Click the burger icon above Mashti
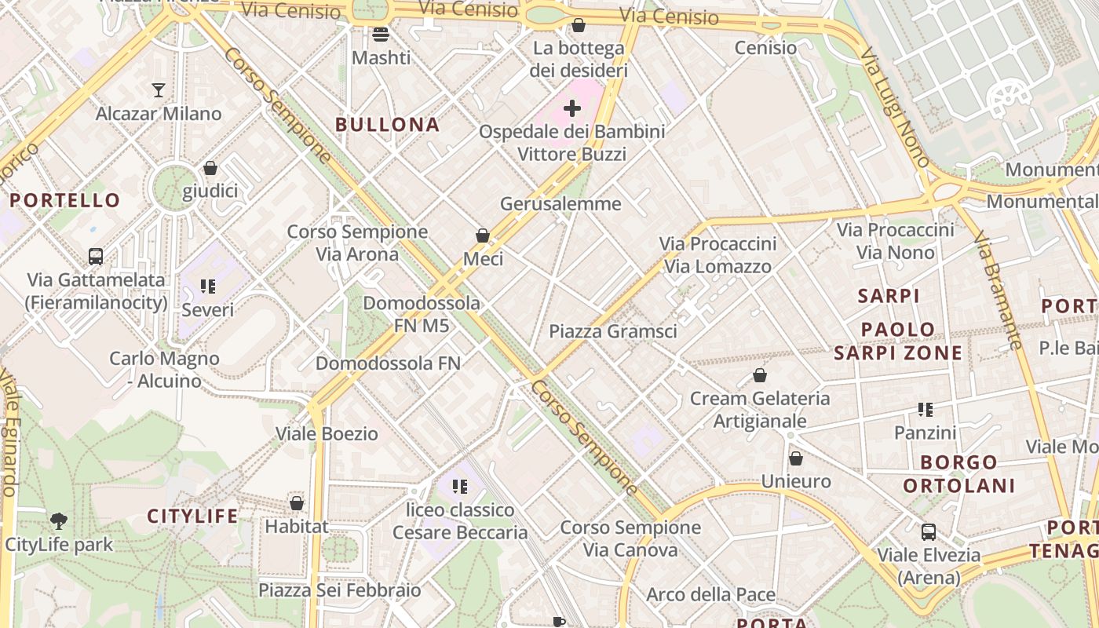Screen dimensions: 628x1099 tap(381, 34)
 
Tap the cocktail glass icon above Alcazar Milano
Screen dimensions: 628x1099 tap(159, 89)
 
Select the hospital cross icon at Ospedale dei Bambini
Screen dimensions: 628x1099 tap(572, 108)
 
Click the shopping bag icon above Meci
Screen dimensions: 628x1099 tap(483, 235)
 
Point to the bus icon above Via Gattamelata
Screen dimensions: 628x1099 tap(96, 257)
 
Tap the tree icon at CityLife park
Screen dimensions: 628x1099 tap(58, 520)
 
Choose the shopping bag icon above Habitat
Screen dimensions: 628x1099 tap(297, 503)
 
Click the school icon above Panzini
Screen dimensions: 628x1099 tap(926, 409)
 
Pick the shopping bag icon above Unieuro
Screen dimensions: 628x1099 tap(796, 458)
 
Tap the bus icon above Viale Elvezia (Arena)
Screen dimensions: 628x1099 tap(929, 531)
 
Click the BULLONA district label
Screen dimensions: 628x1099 tap(388, 125)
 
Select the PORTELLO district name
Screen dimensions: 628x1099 tap(65, 200)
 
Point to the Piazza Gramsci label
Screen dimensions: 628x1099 tap(612, 331)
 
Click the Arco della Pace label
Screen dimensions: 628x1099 tap(710, 594)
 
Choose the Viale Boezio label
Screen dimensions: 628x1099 tap(327, 433)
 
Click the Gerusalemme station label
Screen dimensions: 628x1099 tap(560, 204)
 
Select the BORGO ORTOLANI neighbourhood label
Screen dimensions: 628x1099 tap(959, 473)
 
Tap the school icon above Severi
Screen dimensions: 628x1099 tap(208, 287)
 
